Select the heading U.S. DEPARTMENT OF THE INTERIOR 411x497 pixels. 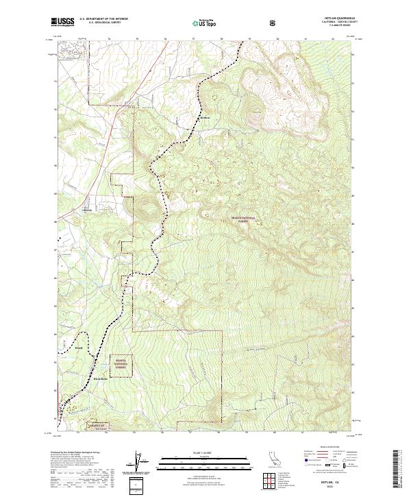tap(103, 19)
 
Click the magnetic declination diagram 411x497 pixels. tap(141, 462)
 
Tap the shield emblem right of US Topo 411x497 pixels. tap(273, 23)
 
